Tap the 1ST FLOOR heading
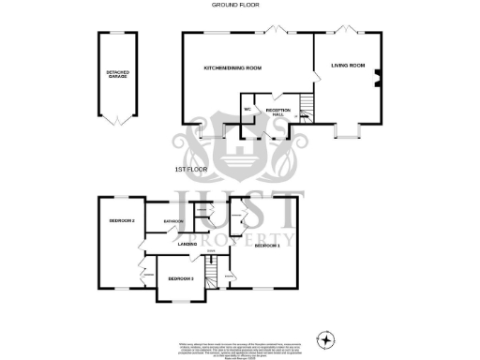190,169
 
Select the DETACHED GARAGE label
117,73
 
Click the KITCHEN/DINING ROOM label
232,68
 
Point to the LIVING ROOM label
346,65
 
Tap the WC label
248,111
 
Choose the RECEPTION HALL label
278,112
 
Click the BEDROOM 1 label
267,245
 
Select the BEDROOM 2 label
122,220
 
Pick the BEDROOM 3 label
181,278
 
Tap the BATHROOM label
172,221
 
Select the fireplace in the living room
377,80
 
